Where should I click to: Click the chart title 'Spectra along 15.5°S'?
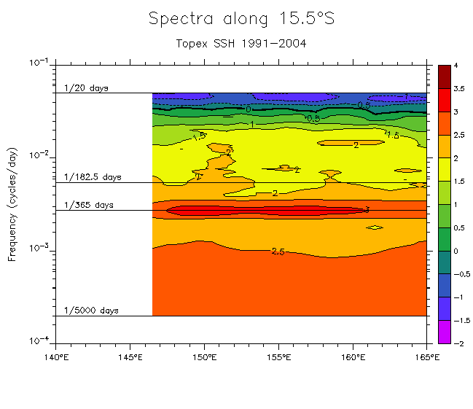tap(241, 19)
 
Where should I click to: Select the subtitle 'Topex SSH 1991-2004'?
tap(241, 43)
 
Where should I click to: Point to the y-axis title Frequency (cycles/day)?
tap(12, 202)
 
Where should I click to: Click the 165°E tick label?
tap(426, 357)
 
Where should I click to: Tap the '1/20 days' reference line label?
tap(86, 88)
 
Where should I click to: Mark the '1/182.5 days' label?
tap(92, 177)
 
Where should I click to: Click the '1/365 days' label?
tap(88, 205)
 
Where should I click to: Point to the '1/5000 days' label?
tap(91, 311)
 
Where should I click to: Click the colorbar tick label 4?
tap(455, 66)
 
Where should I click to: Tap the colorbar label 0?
tap(455, 251)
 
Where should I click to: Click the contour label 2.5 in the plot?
tap(277, 252)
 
